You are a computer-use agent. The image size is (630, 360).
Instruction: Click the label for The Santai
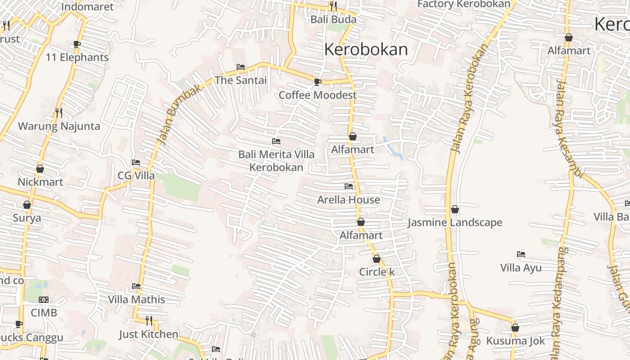(x=241, y=81)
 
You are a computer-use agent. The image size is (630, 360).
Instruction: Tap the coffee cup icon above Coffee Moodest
(x=317, y=82)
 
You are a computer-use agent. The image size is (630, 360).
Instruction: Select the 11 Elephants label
(x=77, y=58)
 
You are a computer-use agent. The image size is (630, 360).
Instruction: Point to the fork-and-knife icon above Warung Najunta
(x=59, y=112)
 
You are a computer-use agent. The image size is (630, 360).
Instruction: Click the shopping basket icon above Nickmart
(x=40, y=169)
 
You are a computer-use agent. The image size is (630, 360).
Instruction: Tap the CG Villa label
(x=136, y=175)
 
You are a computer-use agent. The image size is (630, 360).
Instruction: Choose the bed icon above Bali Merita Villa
(x=276, y=141)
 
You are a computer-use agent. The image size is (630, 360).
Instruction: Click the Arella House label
(x=349, y=200)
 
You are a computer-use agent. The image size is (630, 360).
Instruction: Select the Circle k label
(x=377, y=272)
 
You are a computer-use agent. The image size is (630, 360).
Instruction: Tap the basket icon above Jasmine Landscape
(x=455, y=209)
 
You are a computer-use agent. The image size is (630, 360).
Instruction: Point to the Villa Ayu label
(x=521, y=268)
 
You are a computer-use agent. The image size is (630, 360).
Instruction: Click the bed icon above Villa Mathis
(x=136, y=286)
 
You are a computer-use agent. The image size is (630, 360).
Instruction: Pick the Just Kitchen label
(x=148, y=334)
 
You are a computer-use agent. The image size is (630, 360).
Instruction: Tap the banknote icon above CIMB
(x=44, y=300)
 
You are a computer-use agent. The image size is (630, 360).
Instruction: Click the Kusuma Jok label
(x=515, y=341)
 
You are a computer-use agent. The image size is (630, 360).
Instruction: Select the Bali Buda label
(x=333, y=19)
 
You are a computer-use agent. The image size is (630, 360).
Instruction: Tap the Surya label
(x=27, y=218)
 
